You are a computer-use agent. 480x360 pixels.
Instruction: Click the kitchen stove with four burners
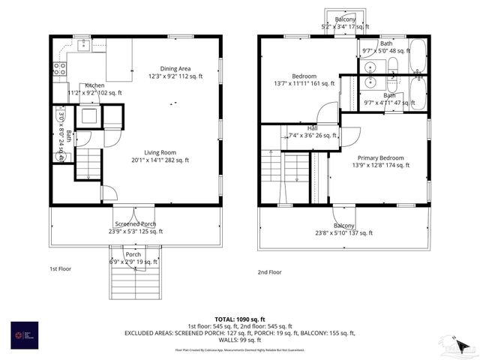point(59,71)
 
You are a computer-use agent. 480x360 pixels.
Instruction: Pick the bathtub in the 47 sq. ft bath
point(418,94)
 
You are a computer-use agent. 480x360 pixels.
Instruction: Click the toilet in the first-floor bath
point(62,156)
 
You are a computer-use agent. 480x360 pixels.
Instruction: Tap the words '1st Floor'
point(60,268)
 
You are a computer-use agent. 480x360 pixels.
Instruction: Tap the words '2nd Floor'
point(270,272)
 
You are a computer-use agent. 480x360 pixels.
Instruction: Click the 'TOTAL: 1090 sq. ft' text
point(239,319)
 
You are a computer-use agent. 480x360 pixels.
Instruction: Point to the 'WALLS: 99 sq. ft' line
point(239,340)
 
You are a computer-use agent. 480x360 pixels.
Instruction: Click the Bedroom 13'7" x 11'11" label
point(304,80)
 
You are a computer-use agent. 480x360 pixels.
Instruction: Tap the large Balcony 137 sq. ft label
point(343,229)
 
